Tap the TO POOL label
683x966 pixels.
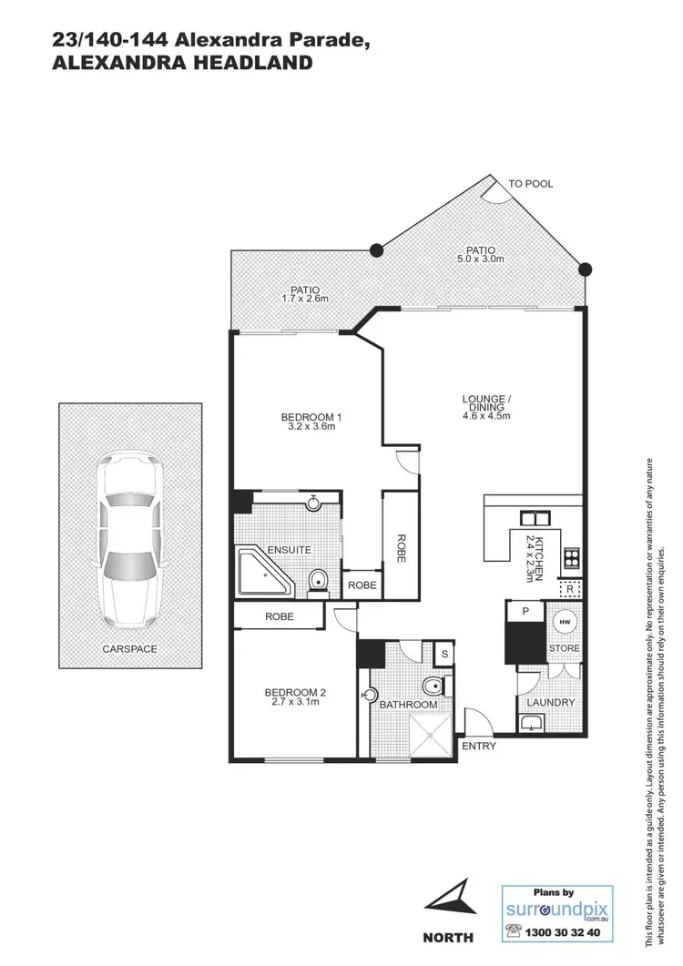click(x=530, y=184)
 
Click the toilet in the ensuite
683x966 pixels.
click(x=318, y=580)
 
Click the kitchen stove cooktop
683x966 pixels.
click(x=572, y=556)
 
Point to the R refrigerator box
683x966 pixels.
click(x=569, y=589)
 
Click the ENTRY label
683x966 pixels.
click(x=479, y=747)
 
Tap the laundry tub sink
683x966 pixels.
click(x=531, y=724)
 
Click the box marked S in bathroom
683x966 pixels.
click(x=443, y=653)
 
